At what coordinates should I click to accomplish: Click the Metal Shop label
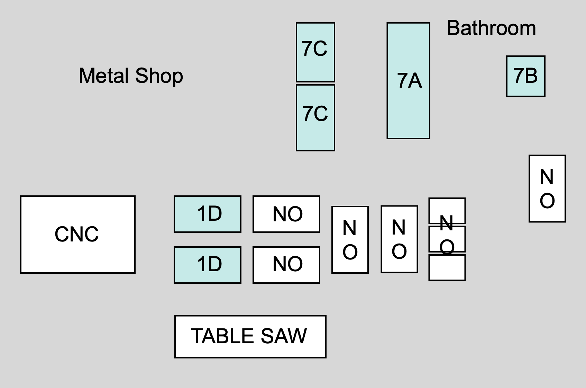131,76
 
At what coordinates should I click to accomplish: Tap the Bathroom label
491,28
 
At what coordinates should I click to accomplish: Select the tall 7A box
408,81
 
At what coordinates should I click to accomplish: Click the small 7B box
525,76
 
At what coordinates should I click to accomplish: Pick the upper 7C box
315,52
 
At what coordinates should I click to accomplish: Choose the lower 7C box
315,118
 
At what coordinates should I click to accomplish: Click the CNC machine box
77,235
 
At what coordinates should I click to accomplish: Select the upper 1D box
207,214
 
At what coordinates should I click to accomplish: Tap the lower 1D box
207,265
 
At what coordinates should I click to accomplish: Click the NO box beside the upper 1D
286,214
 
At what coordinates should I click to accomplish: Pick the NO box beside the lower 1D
286,265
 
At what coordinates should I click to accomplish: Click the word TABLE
223,336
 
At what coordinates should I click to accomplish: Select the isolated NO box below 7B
547,188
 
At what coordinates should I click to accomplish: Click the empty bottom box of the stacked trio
447,268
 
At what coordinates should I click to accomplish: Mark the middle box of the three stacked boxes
447,239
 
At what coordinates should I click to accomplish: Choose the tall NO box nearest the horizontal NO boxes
350,240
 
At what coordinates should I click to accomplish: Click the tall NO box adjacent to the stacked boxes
399,239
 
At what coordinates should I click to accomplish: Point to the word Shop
159,76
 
